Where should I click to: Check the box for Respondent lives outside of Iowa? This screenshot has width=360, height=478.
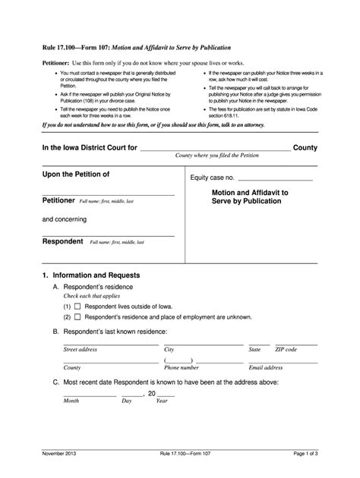77,305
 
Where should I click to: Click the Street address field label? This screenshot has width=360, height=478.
80,349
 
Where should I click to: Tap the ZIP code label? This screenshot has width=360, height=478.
286,349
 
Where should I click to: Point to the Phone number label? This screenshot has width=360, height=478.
182,367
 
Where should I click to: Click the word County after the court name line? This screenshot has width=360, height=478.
305,147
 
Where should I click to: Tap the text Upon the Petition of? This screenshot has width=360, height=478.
76,174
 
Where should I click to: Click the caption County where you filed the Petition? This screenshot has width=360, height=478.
218,156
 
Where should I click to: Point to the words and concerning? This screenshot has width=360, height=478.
64,219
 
